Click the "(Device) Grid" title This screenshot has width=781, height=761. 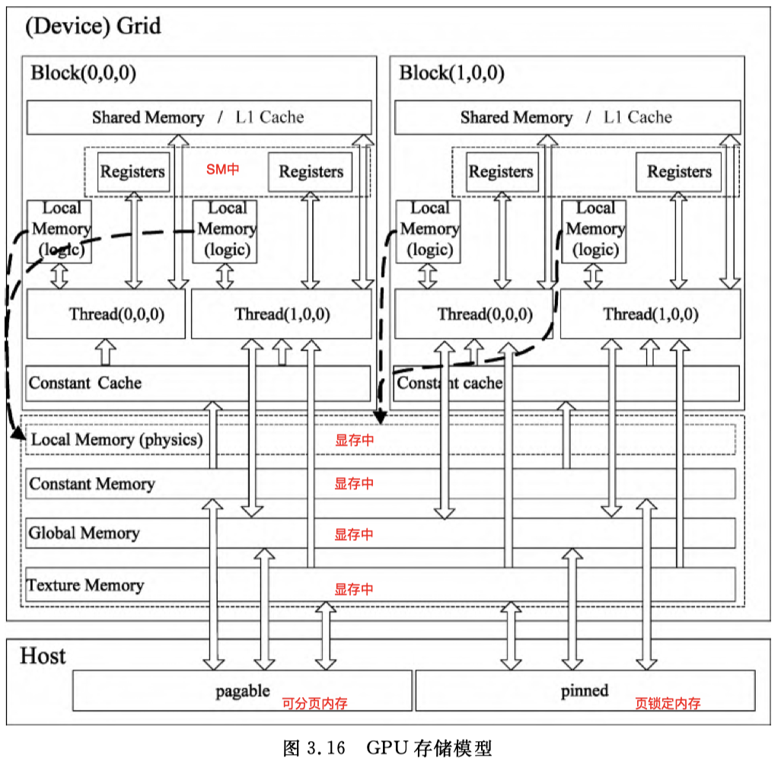pyautogui.click(x=93, y=26)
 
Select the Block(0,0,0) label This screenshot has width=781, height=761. pyautogui.click(x=83, y=73)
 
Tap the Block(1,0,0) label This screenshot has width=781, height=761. pyautogui.click(x=451, y=73)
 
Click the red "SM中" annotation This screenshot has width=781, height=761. pyautogui.click(x=222, y=170)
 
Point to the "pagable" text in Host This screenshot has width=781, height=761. pyautogui.click(x=243, y=691)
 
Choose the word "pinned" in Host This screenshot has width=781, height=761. pyautogui.click(x=585, y=691)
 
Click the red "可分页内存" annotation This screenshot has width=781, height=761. pyautogui.click(x=315, y=703)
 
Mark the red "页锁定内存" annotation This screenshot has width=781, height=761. pyautogui.click(x=668, y=703)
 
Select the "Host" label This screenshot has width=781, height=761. pyautogui.click(x=43, y=656)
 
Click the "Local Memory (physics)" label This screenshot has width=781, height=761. pyautogui.click(x=116, y=439)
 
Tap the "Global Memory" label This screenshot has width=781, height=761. pyautogui.click(x=84, y=533)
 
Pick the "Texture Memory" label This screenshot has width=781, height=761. pyautogui.click(x=85, y=584)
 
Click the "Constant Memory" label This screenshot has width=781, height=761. pyautogui.click(x=91, y=483)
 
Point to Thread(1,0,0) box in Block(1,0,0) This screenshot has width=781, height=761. pyautogui.click(x=651, y=314)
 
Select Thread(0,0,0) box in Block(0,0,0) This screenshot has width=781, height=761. pyautogui.click(x=106, y=314)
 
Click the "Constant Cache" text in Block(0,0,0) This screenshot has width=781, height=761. pyautogui.click(x=84, y=383)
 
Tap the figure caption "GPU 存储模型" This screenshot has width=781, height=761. pyautogui.click(x=429, y=747)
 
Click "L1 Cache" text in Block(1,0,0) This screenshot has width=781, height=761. pyautogui.click(x=638, y=117)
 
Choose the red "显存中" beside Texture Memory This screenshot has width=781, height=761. pyautogui.click(x=354, y=589)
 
